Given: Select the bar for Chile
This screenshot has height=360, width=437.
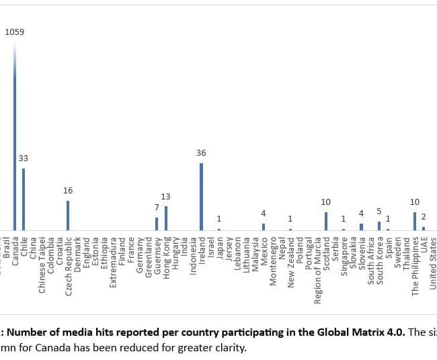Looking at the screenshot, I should (x=24, y=199).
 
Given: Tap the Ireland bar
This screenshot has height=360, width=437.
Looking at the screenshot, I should (x=201, y=197).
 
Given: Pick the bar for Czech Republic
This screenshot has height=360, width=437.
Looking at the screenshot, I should (x=68, y=216).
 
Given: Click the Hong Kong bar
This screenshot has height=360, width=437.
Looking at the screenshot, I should (x=165, y=218).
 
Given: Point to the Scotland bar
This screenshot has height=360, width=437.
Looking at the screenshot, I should (x=326, y=222).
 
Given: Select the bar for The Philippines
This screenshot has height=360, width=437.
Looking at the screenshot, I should (x=415, y=222).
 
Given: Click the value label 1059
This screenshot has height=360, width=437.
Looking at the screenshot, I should (x=15, y=32).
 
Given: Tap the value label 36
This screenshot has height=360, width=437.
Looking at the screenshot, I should (x=201, y=153).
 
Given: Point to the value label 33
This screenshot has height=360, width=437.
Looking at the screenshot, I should (x=24, y=159).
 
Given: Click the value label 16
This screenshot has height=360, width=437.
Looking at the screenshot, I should (x=68, y=191).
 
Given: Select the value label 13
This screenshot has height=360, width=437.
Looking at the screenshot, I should (x=165, y=197).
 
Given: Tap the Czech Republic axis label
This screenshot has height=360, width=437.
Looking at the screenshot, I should (x=68, y=265).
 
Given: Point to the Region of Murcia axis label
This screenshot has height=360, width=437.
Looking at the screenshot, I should (x=317, y=269).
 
